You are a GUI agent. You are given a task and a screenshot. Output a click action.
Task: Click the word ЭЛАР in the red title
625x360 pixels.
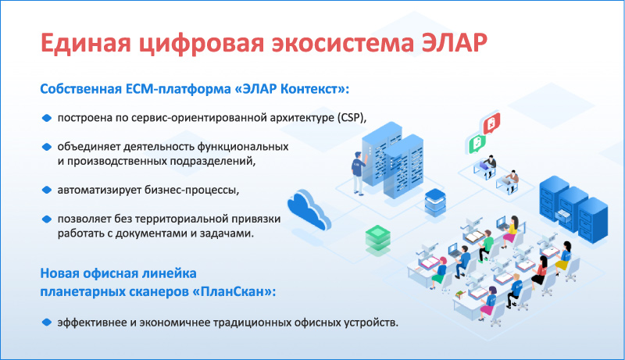[454, 43]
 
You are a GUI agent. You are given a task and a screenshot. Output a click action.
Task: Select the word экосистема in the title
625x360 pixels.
[342, 43]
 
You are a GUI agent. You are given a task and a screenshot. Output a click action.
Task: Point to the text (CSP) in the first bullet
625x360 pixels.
[351, 118]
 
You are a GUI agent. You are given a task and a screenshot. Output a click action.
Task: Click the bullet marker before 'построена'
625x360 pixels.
[47, 118]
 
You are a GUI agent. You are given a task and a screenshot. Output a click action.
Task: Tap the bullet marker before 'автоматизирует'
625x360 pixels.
[47, 190]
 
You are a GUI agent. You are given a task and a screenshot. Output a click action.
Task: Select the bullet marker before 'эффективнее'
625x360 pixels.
[47, 323]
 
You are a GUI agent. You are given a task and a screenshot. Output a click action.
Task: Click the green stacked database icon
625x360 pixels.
[377, 240]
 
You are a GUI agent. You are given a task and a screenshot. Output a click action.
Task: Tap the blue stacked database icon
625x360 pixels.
[435, 203]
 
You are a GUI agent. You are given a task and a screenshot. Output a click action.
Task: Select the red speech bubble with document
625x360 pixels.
[491, 123]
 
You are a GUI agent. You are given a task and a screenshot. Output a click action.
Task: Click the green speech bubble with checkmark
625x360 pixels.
[477, 144]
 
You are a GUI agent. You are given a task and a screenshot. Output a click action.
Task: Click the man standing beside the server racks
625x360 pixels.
[358, 173]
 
